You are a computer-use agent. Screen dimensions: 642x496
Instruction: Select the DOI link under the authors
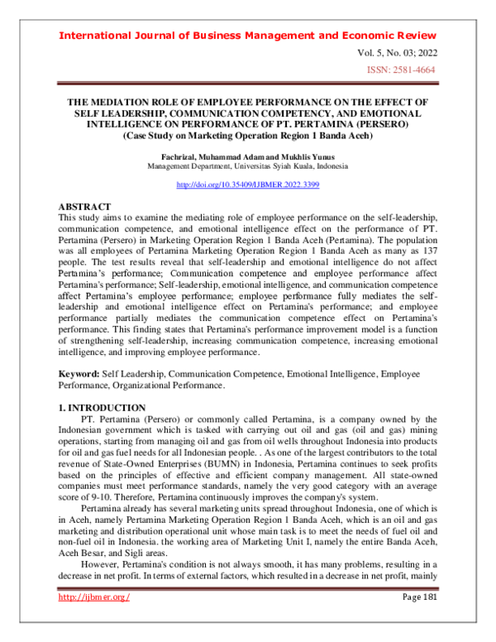point(247,185)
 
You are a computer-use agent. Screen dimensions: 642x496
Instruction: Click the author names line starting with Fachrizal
point(247,156)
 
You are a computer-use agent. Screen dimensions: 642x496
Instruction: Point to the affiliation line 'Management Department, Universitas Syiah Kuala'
point(247,165)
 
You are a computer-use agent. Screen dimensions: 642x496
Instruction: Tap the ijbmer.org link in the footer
point(94,620)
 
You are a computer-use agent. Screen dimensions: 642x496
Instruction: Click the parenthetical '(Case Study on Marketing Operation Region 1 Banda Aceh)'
point(247,135)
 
